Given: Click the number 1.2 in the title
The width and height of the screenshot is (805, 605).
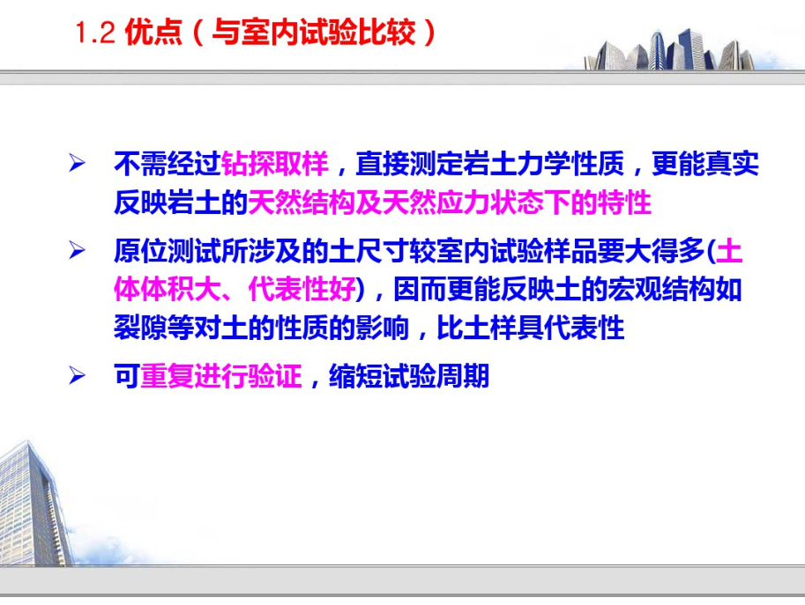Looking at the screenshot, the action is pos(95,33).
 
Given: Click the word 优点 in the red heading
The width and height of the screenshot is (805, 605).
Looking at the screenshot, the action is pos(153,33).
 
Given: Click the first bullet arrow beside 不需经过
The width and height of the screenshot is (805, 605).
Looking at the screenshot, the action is pos(77,163).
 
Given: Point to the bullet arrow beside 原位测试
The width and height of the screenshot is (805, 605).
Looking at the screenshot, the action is pos(77,250).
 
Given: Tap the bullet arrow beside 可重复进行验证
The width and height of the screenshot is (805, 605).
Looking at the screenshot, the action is pos(77,375).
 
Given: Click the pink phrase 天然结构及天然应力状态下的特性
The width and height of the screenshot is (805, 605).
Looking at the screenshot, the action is pos(450,203).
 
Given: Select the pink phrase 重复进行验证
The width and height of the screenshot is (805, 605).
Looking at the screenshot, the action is pos(220,376).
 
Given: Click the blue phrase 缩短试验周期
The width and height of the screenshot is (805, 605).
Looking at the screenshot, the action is pos(408,376).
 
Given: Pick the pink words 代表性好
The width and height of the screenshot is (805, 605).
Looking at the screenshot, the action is pos(302,289).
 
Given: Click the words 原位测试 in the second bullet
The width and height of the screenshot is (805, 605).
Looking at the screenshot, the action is pos(168,251).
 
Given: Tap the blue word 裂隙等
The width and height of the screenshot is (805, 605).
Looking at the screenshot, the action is pos(154,328).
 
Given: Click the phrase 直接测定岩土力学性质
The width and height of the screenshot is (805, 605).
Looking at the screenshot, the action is pos(489,164).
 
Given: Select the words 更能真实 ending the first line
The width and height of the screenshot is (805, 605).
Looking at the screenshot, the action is pos(704,164).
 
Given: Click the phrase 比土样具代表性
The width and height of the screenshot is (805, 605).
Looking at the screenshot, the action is pos(530,328).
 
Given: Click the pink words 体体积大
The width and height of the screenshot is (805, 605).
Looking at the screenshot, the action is pos(168,289).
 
